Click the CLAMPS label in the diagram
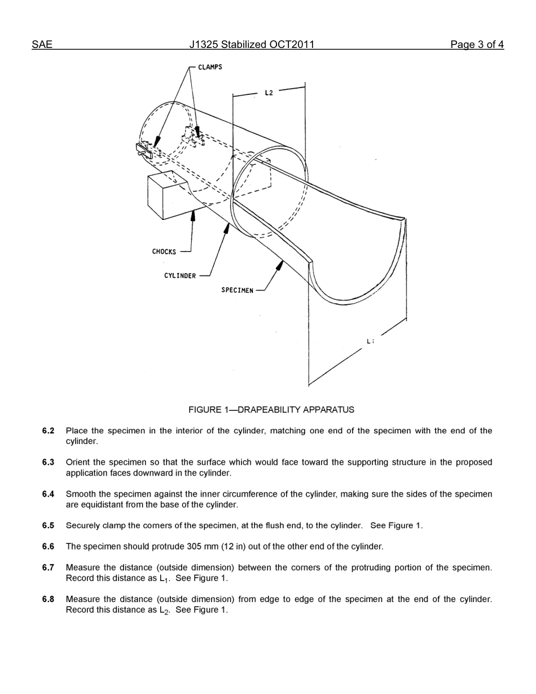(210, 67)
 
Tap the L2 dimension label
(269, 93)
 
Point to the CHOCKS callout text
(164, 252)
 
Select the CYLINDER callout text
(180, 276)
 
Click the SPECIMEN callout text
(237, 291)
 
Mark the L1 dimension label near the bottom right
(370, 341)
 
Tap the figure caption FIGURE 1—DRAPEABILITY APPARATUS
(271, 410)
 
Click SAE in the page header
(42, 45)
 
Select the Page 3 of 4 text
(477, 45)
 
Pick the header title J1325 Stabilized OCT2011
(252, 45)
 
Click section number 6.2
(48, 431)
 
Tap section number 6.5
(48, 526)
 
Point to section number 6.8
(48, 599)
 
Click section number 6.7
(48, 568)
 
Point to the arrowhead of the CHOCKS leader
(194, 213)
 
